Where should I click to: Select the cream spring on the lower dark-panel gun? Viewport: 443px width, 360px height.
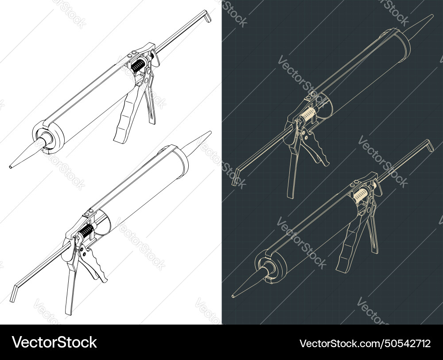[x=360, y=195]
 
